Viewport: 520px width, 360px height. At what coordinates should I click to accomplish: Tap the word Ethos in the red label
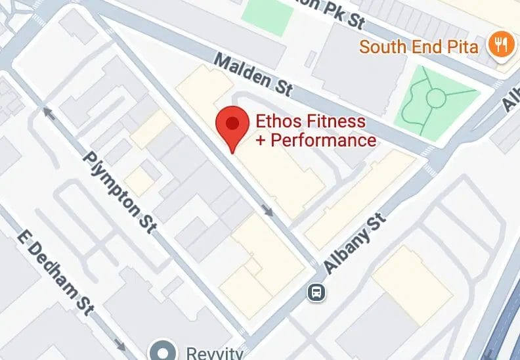click(x=273, y=122)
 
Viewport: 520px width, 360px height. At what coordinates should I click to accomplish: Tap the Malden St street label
click(x=254, y=76)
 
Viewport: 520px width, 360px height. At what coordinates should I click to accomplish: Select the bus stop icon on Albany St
click(x=316, y=291)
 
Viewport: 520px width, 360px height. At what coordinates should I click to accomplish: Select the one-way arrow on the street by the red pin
click(x=268, y=210)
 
